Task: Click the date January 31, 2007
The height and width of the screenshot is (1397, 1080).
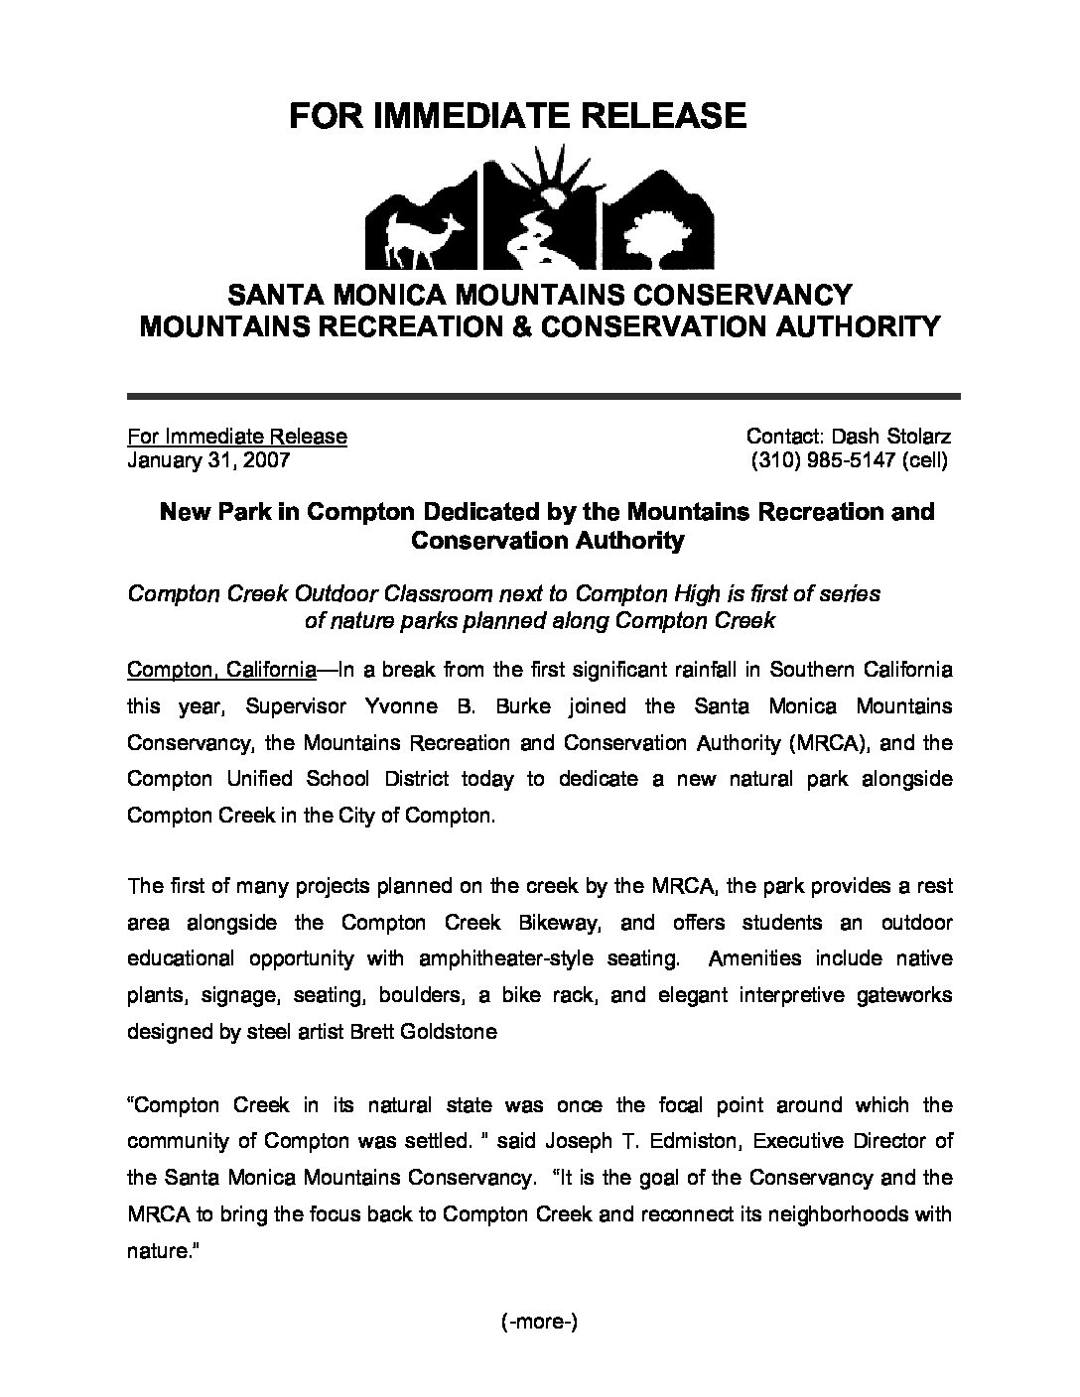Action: [x=208, y=460]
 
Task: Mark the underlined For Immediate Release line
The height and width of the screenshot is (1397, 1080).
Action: [x=237, y=437]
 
